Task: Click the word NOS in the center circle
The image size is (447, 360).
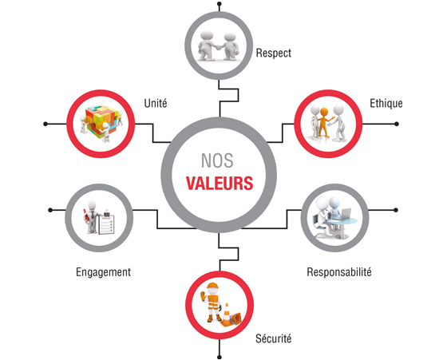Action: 217,160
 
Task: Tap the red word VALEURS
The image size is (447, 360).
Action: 220,183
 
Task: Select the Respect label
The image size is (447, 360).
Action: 273,53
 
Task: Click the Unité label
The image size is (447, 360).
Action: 156,103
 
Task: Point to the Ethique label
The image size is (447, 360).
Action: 386,103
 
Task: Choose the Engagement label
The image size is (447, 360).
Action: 103,272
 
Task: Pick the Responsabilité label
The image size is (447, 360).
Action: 339,272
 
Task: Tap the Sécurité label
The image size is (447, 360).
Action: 273,338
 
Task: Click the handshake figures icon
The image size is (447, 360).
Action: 219,45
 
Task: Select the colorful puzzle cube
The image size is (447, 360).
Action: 101,121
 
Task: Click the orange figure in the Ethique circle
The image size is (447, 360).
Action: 324,122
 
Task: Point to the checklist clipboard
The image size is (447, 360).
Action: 106,224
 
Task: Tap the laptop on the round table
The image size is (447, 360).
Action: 346,214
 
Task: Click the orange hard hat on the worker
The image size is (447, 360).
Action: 212,286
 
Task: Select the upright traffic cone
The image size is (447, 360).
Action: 227,315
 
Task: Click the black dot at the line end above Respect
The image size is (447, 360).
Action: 220,4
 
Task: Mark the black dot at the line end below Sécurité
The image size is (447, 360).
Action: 220,357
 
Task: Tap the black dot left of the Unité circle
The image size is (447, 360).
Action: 45,124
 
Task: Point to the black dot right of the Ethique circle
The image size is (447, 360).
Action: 397,124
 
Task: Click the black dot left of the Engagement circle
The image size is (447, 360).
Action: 50,210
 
